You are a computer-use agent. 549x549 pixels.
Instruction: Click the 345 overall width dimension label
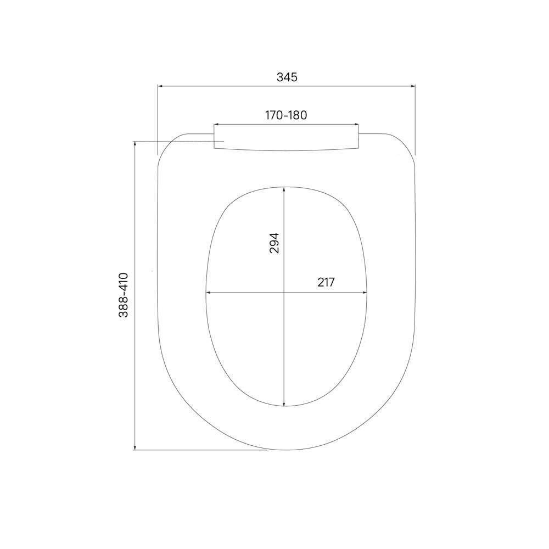click(x=287, y=77)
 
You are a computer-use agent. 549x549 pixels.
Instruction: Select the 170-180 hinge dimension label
click(x=286, y=115)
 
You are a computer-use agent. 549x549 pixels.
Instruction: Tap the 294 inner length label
click(x=274, y=243)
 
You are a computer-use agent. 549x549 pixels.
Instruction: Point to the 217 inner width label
click(x=326, y=282)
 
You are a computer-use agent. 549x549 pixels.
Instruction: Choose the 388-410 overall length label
click(x=123, y=295)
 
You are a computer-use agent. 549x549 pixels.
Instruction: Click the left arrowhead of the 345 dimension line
click(x=160, y=86)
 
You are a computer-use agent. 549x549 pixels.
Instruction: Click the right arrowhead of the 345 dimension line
click(x=413, y=86)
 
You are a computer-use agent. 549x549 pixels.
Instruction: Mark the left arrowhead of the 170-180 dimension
click(x=216, y=124)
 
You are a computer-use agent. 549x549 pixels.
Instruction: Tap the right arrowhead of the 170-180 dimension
click(x=357, y=124)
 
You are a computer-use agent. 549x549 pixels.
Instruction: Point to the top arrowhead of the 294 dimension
click(x=284, y=189)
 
